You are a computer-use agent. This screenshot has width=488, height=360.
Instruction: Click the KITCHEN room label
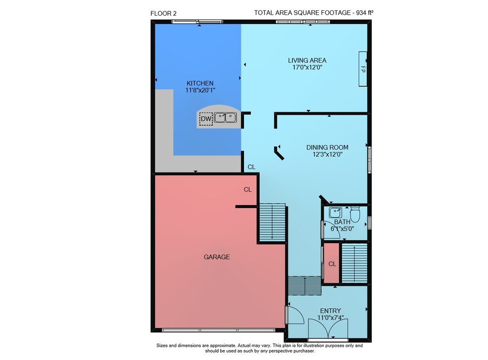pyautogui.click(x=200, y=83)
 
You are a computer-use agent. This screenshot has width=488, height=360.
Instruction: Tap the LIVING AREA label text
pyautogui.click(x=307, y=61)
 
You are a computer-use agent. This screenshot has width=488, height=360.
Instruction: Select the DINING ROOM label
pyautogui.click(x=327, y=148)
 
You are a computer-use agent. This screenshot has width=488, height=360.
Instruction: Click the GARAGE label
pyautogui.click(x=217, y=257)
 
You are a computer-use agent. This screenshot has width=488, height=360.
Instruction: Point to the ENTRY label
pyautogui.click(x=330, y=311)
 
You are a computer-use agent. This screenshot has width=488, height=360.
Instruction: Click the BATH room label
pyautogui.click(x=342, y=222)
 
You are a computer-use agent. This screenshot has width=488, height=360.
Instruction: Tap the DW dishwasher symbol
pyautogui.click(x=206, y=119)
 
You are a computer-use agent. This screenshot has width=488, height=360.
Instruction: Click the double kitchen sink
pyautogui.click(x=225, y=118)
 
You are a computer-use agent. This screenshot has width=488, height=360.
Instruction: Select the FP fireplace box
pyautogui.click(x=363, y=69)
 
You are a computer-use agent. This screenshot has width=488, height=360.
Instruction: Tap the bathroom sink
pyautogui.click(x=335, y=212)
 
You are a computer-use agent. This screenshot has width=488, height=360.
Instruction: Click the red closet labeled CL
pyautogui.click(x=331, y=263)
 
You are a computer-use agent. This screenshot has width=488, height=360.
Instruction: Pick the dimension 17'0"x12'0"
pyautogui.click(x=307, y=67)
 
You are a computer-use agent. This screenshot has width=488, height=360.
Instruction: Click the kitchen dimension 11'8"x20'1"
pyautogui.click(x=200, y=90)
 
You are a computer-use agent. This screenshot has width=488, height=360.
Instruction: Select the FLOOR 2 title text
pyautogui.click(x=163, y=13)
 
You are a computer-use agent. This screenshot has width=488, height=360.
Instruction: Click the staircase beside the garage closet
pyautogui.click(x=272, y=222)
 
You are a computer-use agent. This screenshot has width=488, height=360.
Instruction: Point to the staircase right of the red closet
pyautogui.click(x=354, y=263)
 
